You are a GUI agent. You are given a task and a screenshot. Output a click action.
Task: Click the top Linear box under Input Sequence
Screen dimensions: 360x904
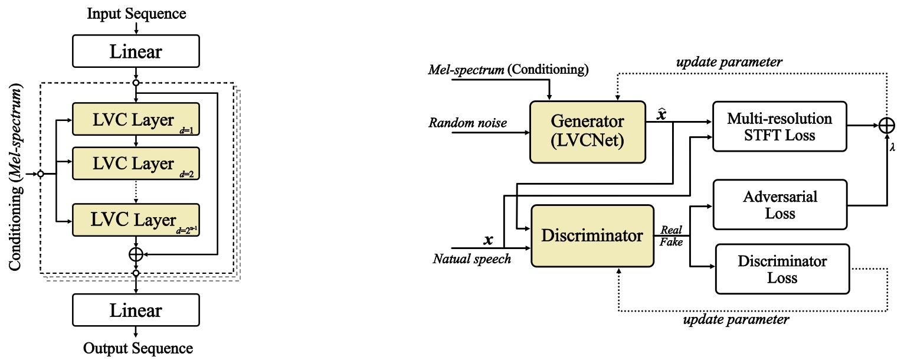pos(136,51)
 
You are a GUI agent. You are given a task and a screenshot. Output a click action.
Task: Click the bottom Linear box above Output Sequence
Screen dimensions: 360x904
pos(136,311)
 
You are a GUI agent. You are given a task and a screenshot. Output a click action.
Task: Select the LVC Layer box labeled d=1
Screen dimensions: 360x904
pos(136,119)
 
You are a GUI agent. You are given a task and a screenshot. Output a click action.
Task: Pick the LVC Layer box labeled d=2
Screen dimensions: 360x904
pos(136,163)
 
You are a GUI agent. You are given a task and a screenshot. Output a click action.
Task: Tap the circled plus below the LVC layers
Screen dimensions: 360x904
pos(136,254)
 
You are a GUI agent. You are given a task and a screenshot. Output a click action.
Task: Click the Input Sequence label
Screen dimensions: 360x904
pos(136,13)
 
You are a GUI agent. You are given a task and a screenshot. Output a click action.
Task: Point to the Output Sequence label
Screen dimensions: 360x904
pos(137,348)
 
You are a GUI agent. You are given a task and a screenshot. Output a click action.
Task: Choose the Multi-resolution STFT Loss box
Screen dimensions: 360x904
pos(779,127)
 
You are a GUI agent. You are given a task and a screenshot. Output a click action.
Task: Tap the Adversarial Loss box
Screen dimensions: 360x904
pos(779,205)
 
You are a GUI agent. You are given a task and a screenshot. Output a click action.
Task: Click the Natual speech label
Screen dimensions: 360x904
pos(471,258)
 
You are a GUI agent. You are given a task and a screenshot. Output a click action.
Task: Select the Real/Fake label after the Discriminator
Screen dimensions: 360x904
pos(671,235)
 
